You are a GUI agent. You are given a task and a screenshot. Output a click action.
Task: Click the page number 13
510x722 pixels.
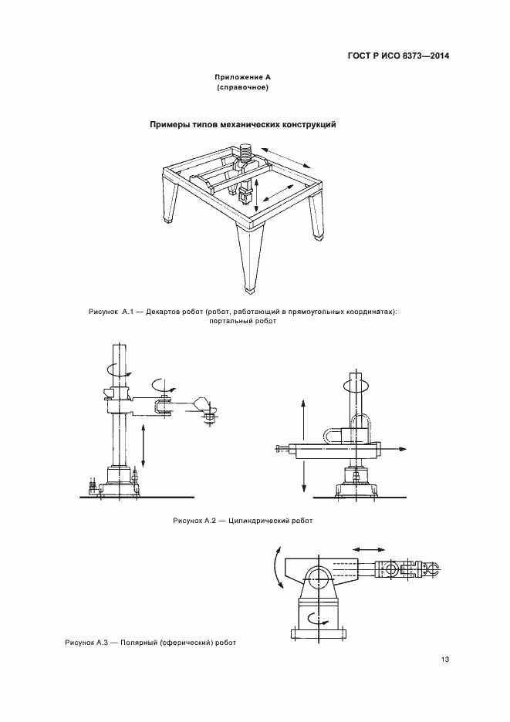pyautogui.click(x=444, y=660)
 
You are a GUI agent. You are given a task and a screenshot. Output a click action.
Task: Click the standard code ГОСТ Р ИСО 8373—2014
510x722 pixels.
pyautogui.click(x=398, y=56)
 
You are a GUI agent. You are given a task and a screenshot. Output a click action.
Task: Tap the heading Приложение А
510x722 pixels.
pyautogui.click(x=242, y=77)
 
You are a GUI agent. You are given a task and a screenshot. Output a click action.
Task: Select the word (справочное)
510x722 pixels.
pyautogui.click(x=242, y=87)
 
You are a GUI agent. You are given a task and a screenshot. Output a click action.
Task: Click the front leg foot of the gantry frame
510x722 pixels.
pyautogui.click(x=250, y=290)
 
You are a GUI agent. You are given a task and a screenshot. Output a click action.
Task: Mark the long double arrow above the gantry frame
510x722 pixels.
pyautogui.click(x=286, y=159)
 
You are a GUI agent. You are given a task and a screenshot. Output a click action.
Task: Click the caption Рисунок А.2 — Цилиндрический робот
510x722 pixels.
pyautogui.click(x=243, y=521)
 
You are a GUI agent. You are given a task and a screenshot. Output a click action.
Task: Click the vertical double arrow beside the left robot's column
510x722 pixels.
pyautogui.click(x=144, y=445)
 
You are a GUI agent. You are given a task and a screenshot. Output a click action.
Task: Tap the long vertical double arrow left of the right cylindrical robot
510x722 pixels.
pyautogui.click(x=303, y=446)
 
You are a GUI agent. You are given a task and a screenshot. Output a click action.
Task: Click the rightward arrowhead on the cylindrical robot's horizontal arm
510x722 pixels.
pyautogui.click(x=402, y=449)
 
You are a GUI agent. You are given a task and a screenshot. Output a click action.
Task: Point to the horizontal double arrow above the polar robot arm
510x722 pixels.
pyautogui.click(x=368, y=549)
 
